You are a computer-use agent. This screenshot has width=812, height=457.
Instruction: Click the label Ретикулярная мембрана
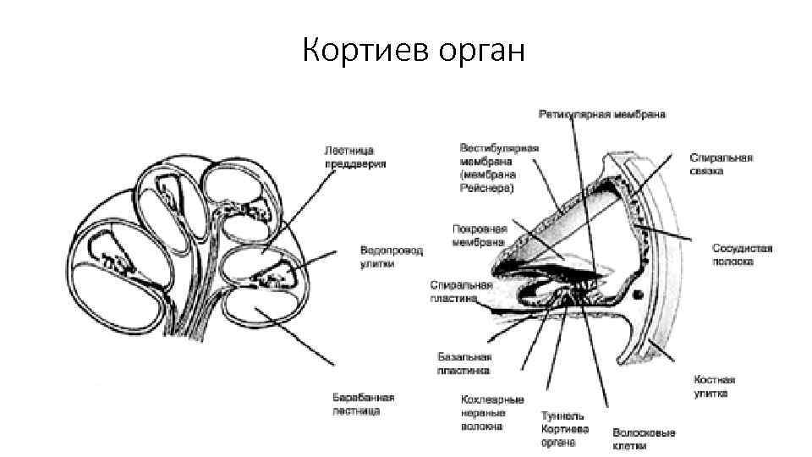(601, 113)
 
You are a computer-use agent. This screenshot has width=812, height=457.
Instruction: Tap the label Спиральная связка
(721, 163)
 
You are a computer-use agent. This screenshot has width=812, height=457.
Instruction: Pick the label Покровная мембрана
(480, 234)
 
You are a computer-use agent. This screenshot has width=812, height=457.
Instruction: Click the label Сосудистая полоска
(742, 255)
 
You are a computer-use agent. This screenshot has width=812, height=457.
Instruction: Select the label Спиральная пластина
(455, 291)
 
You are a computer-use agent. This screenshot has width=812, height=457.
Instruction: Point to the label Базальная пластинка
(464, 364)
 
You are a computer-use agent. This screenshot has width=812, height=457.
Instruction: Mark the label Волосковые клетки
(644, 439)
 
